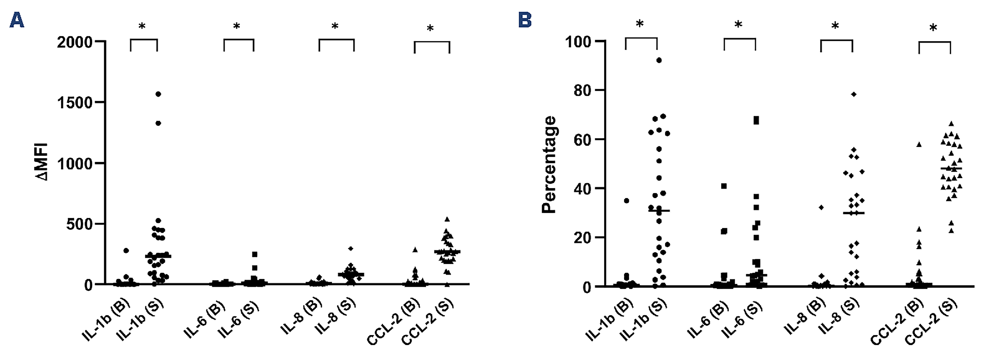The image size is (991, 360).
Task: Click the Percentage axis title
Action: [x=549, y=165]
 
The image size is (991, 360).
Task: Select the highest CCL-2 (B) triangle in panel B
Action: [x=919, y=145]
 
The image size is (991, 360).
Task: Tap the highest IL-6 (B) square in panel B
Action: [x=724, y=186]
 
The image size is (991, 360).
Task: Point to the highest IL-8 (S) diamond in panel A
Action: [x=350, y=248]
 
